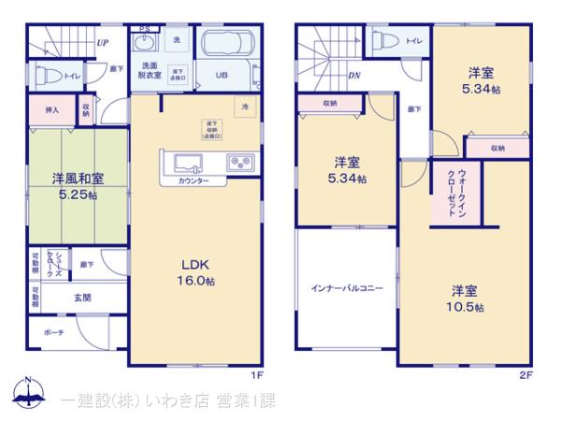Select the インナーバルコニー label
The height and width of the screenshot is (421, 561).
[x=346, y=289]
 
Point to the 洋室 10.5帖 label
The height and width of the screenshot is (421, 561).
[x=465, y=298]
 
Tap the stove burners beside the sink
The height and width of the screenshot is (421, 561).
[x=240, y=163]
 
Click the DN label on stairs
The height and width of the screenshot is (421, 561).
[x=354, y=75]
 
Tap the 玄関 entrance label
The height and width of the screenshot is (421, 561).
[x=82, y=298]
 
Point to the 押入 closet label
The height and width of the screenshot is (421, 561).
[x=52, y=110]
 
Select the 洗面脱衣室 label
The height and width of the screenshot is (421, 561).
[x=151, y=69]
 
